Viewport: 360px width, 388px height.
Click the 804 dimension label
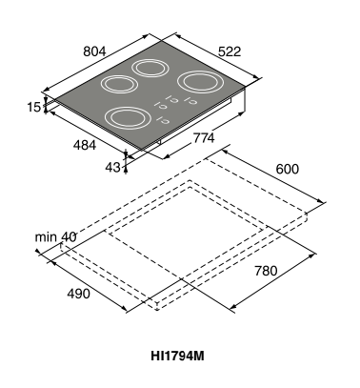pyautogui.click(x=94, y=51)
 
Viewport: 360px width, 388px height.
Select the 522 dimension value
pyautogui.click(x=230, y=51)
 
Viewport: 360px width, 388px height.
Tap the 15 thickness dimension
pyautogui.click(x=34, y=107)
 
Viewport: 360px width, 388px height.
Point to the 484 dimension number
pyautogui.click(x=85, y=145)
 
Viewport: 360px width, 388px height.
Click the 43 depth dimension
pyautogui.click(x=113, y=167)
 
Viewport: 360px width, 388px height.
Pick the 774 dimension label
pyautogui.click(x=204, y=138)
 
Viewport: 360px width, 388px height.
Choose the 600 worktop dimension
pyautogui.click(x=288, y=169)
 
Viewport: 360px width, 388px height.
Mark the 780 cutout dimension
pyautogui.click(x=266, y=271)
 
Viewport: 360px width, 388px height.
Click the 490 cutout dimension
pyautogui.click(x=78, y=294)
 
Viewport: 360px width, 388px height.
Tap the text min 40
pyautogui.click(x=55, y=236)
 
